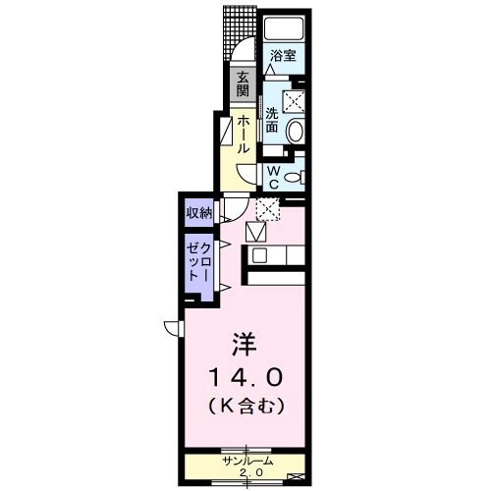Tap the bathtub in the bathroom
pyautogui.click(x=283, y=27)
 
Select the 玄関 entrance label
pyautogui.click(x=241, y=85)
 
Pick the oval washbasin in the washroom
pyautogui.click(x=296, y=129)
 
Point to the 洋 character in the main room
pyautogui.click(x=244, y=344)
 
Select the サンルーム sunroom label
pyautogui.click(x=246, y=461)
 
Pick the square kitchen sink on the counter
pyautogui.click(x=260, y=255)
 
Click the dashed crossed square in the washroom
pyautogui.click(x=294, y=99)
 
